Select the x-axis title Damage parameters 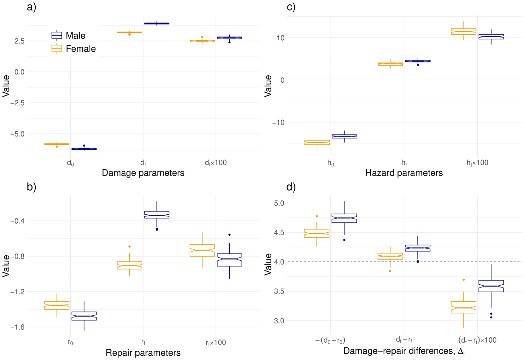143,173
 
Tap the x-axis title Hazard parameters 404,173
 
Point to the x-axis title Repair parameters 143,353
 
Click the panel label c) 291,7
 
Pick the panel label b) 32,187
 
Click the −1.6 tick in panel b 17,327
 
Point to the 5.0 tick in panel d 279,203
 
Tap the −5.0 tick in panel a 17,134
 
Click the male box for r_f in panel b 157,215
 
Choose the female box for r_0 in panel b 57,305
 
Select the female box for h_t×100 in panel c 463,32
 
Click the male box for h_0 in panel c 344,136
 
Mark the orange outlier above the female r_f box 130,247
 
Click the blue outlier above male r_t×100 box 229,235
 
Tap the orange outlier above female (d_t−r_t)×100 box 463,280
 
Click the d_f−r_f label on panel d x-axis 404,340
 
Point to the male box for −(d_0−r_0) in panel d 344,218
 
